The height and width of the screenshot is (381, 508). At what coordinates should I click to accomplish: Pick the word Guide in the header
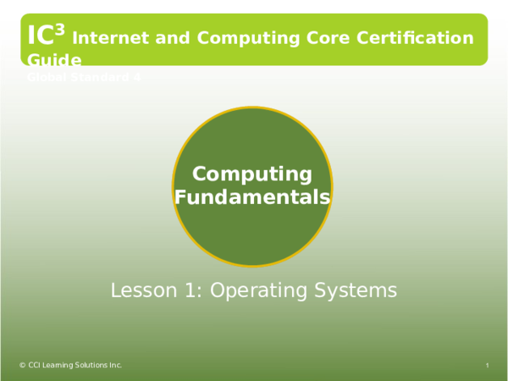54,60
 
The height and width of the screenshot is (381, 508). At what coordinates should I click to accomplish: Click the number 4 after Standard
137,77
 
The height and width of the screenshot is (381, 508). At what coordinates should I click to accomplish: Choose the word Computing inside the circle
252,174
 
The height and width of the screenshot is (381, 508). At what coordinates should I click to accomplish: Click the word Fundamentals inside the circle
252,197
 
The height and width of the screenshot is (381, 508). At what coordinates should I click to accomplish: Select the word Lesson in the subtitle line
141,290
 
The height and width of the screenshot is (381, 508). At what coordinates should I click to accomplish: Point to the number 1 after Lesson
188,290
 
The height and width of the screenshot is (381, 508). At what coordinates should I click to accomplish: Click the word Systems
356,290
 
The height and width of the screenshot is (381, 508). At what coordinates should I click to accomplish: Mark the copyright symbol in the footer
22,365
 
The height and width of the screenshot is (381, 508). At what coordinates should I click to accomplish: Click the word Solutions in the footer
91,365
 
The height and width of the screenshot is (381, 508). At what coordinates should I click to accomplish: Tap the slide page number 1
489,365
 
